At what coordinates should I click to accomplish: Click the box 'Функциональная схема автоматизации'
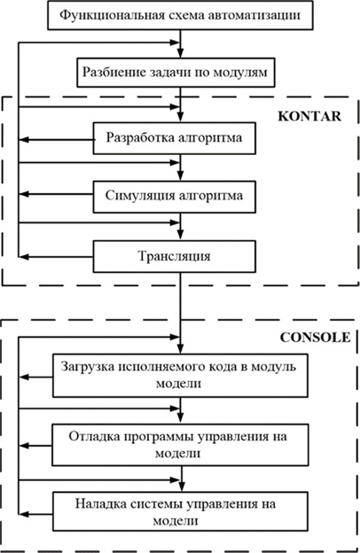[x=180, y=16]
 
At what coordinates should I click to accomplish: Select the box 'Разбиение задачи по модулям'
[x=176, y=73]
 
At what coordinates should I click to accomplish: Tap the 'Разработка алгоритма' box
[x=175, y=138]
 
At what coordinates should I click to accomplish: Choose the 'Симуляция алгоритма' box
[x=175, y=197]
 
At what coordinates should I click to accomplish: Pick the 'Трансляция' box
[x=175, y=256]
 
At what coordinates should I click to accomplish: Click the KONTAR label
[x=309, y=116]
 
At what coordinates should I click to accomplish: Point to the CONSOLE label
[x=315, y=338]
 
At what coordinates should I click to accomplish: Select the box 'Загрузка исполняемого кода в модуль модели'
[x=180, y=376]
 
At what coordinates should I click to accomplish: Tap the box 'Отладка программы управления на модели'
[x=180, y=445]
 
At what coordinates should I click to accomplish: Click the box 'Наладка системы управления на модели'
[x=180, y=511]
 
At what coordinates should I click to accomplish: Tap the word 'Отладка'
[x=95, y=437]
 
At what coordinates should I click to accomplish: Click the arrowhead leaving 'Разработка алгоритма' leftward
[x=23, y=140]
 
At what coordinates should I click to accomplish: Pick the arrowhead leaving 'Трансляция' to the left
[x=23, y=257]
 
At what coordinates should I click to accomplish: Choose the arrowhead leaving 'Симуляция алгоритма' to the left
[x=23, y=194]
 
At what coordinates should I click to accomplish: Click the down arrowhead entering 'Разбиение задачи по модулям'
[x=180, y=53]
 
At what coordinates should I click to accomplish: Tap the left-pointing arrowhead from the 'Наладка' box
[x=23, y=514]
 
